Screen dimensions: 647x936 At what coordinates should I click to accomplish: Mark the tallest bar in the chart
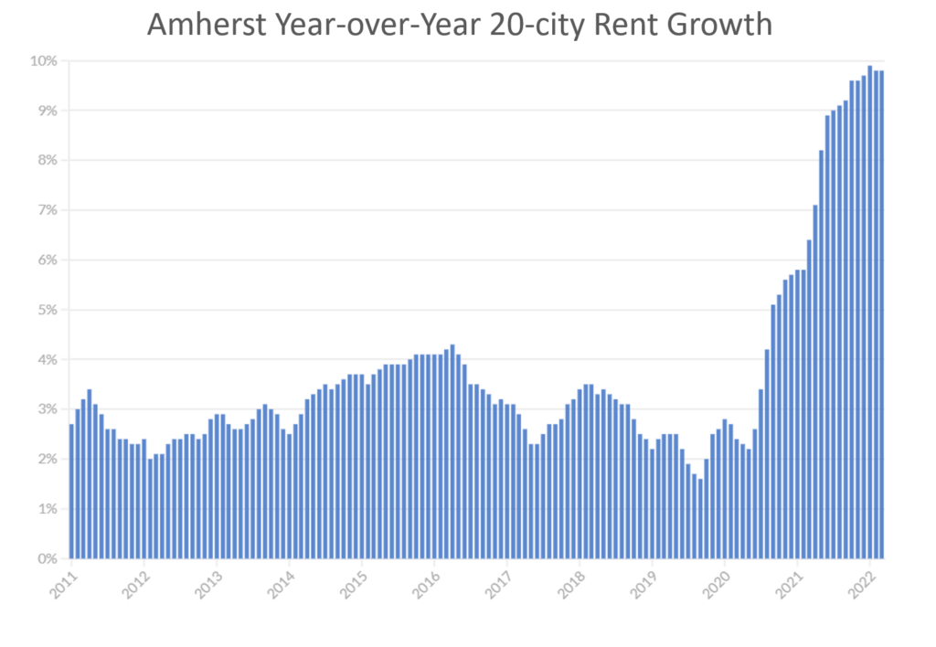pos(870,312)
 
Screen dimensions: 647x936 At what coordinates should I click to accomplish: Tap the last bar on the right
pos(882,314)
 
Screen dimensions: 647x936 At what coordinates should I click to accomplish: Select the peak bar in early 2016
pos(452,451)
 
